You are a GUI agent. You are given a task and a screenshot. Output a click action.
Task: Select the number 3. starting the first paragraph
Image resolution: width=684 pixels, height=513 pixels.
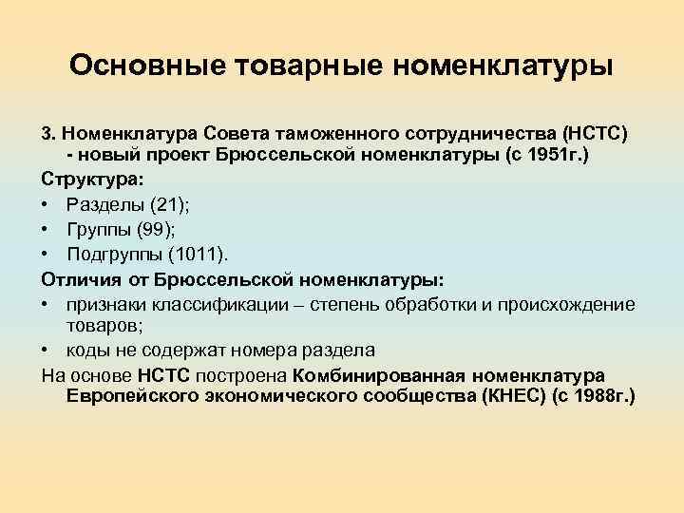coord(49,129)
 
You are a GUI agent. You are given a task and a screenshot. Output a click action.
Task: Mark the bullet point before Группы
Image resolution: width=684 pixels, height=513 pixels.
coord(47,228)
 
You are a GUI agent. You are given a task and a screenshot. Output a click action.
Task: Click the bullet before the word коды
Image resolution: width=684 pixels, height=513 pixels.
coord(47,350)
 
